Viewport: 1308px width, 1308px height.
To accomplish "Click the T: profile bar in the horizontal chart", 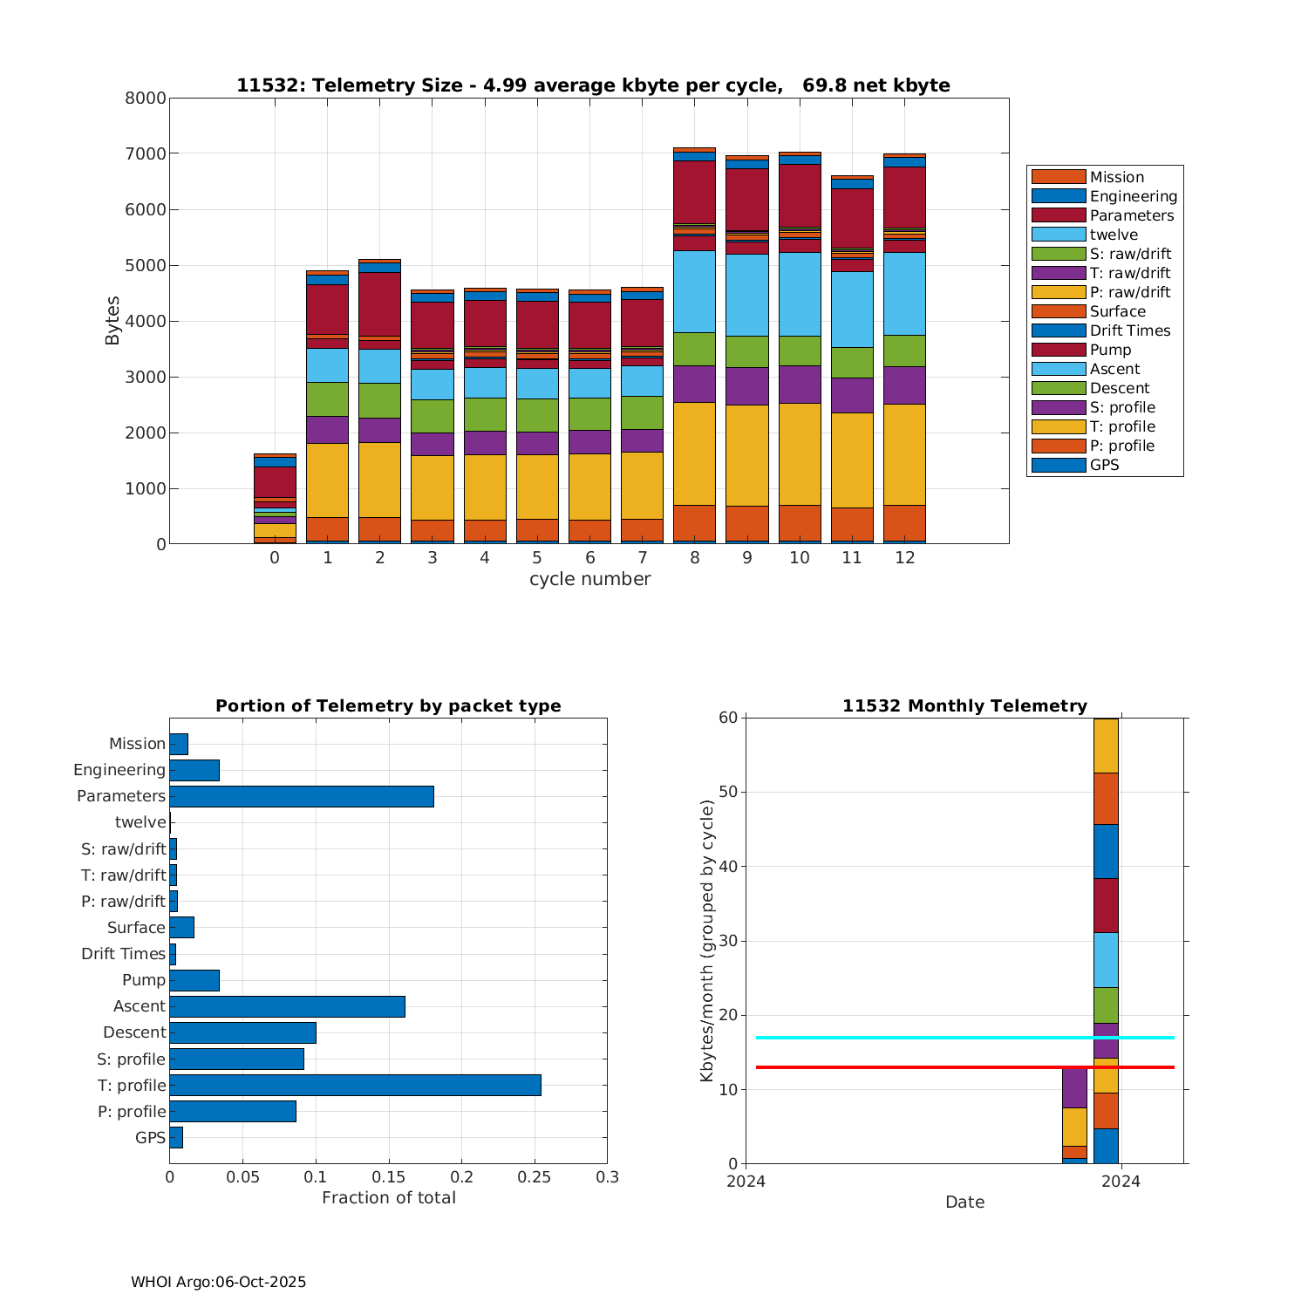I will click(355, 1085).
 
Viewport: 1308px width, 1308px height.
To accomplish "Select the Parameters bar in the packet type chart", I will click(302, 796).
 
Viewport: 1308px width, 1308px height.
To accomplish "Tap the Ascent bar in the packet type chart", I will click(287, 1006).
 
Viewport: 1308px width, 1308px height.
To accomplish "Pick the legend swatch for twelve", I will click(1059, 235).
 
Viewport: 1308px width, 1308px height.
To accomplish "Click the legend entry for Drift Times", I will click(1129, 330).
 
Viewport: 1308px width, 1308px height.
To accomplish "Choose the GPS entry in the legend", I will click(1104, 465).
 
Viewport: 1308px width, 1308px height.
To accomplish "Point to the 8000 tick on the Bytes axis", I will click(146, 99).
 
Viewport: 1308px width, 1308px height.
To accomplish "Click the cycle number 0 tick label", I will click(275, 558).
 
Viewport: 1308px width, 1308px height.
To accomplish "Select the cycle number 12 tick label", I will click(904, 558).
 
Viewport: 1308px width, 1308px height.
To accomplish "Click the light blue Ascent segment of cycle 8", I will click(694, 291).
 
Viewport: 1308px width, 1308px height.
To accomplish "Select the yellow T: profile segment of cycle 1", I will click(327, 480).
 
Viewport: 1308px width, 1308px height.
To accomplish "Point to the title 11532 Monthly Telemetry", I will click(964, 706).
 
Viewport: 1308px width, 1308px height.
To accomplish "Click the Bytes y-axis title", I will click(112, 321).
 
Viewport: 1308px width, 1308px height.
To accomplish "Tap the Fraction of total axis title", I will click(389, 1198).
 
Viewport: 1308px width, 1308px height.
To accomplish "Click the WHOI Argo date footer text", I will click(218, 1282).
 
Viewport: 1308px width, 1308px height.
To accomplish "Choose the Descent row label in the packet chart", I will click(134, 1032).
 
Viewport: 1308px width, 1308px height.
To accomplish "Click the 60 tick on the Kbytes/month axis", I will click(728, 718).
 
